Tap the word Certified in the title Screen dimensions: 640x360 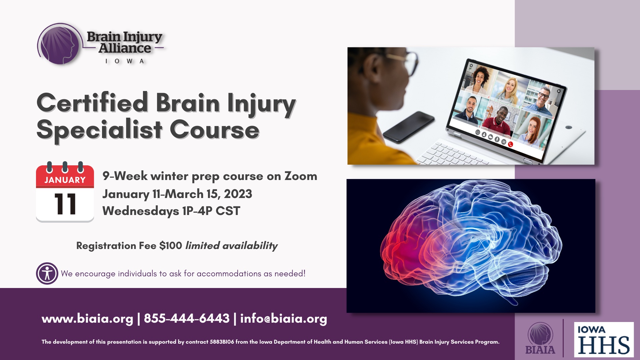(x=92, y=102)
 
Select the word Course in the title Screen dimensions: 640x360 (x=214, y=130)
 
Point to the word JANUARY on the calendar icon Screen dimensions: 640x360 (x=65, y=180)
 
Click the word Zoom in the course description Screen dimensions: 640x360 (x=301, y=176)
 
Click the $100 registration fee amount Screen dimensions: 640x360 (x=171, y=246)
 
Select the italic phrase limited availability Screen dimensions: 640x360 (x=231, y=246)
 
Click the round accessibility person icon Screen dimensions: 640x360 (x=47, y=273)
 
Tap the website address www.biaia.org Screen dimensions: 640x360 (x=87, y=318)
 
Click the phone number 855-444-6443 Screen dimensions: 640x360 (x=187, y=318)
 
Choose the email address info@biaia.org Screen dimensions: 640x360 (x=284, y=318)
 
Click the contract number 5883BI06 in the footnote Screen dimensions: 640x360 (x=222, y=342)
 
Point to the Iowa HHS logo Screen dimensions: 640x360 (x=604, y=339)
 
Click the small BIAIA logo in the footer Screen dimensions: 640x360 (x=540, y=338)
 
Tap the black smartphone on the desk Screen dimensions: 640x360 (x=409, y=127)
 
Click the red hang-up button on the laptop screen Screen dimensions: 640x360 (x=510, y=144)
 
